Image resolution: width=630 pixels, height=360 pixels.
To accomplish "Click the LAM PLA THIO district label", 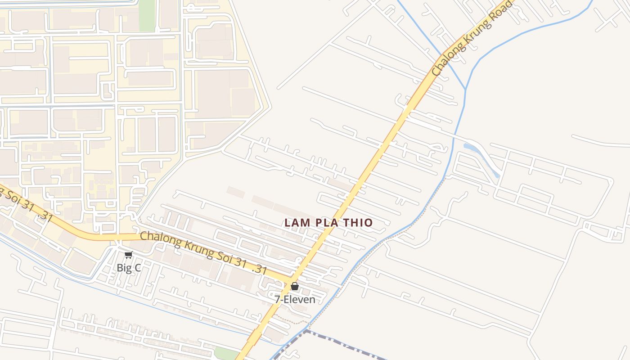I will pos(328,223).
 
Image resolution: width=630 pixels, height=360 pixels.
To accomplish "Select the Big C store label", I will pos(129,268).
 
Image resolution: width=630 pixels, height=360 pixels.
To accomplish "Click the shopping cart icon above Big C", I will pos(128,255).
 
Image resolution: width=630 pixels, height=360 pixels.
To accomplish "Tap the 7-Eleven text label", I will pos(295,299).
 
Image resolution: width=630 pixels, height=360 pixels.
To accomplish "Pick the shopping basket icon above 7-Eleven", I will pos(295,286).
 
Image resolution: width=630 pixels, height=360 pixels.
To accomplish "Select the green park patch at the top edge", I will pos(147,16).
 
